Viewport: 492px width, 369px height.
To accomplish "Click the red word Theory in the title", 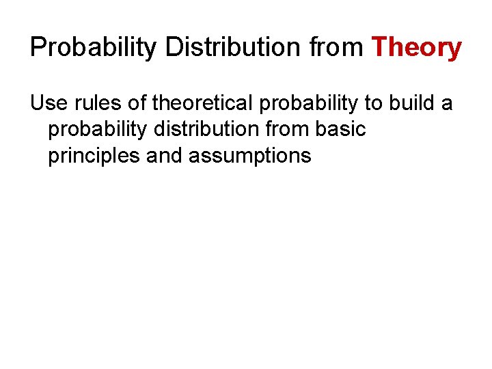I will click(x=416, y=48).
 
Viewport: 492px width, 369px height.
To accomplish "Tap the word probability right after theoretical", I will click(x=303, y=105).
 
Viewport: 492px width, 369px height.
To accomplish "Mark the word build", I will click(x=408, y=103).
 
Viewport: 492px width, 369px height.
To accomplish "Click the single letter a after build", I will click(x=446, y=105).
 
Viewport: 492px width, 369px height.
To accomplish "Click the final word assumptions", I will click(x=249, y=156).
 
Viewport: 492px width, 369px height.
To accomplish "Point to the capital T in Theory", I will click(x=379, y=48).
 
